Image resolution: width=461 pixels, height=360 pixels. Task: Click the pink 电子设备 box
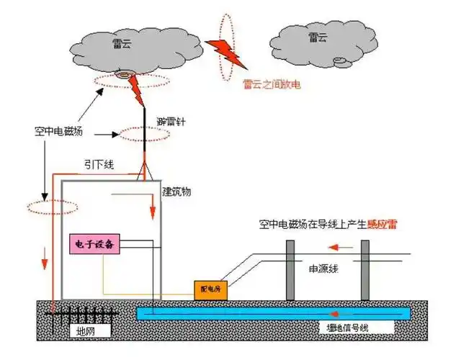coord(94,244)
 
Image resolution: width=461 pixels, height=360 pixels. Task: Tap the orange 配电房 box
coord(209,289)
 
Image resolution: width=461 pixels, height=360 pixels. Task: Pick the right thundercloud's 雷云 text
coord(318,37)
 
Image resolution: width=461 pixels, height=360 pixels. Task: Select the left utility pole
coord(290,269)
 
